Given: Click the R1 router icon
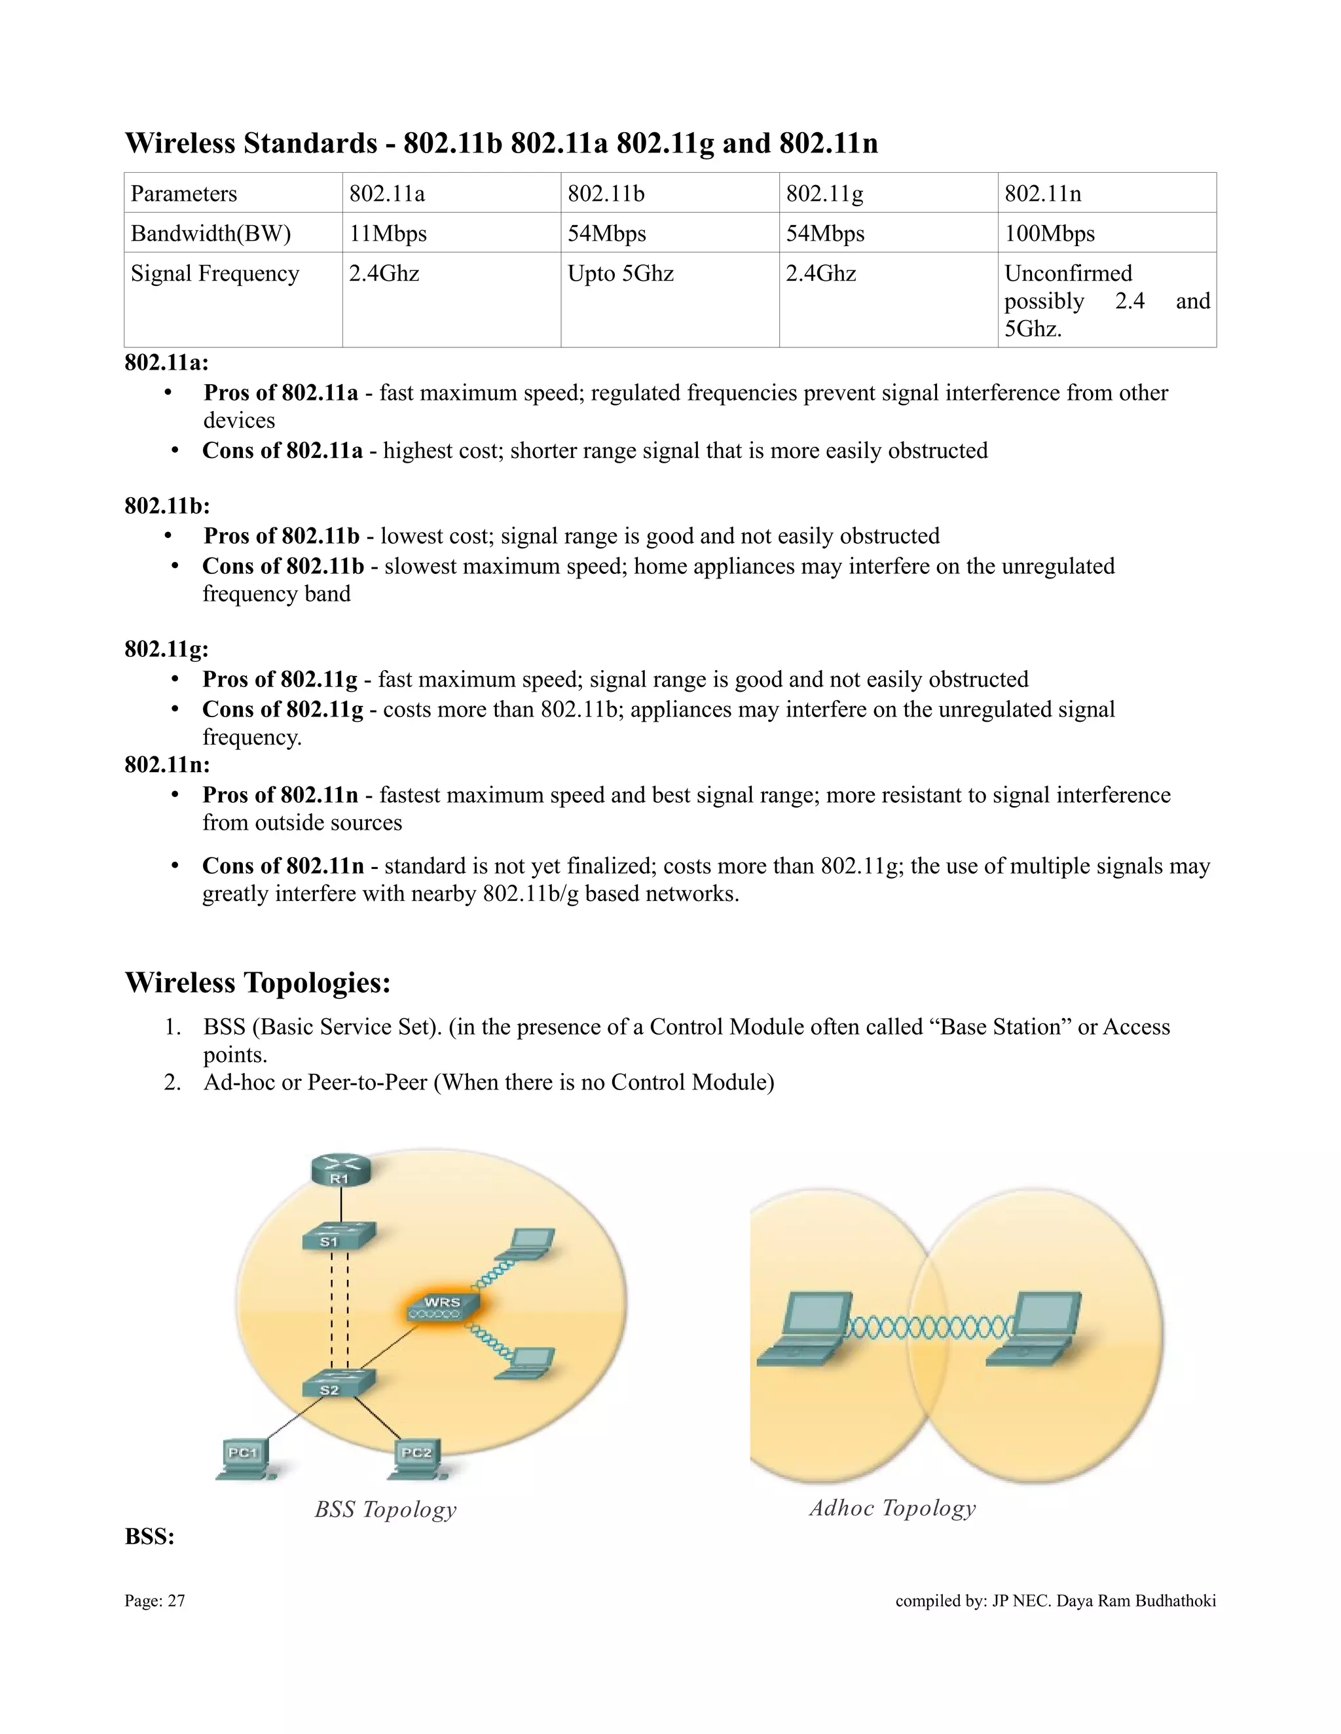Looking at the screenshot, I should [340, 1172].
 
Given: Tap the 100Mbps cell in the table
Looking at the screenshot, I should [1050, 234].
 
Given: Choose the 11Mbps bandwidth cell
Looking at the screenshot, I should [388, 234].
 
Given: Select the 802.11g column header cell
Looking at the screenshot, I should [824, 194].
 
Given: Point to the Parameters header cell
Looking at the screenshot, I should [183, 194].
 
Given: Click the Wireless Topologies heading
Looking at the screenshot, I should [258, 983].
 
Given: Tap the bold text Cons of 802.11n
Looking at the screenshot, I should [283, 866].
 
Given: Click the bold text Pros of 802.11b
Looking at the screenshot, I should [281, 536].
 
